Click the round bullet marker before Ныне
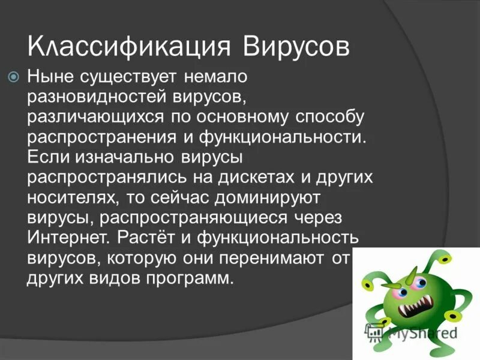coord(14,76)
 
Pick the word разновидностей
coord(97,96)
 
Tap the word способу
coord(333,116)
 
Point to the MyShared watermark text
coord(422,332)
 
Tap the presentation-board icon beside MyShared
coord(375,331)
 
